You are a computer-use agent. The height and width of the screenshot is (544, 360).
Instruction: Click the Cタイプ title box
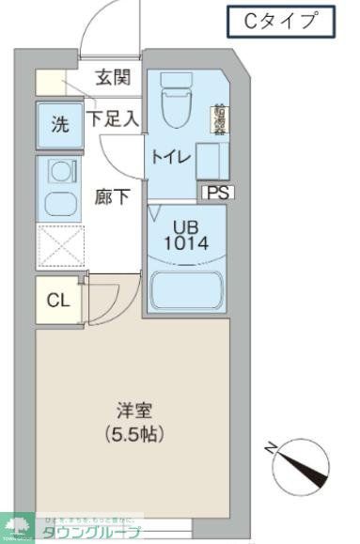(281, 20)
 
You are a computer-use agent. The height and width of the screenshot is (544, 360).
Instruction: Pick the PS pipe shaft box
(218, 193)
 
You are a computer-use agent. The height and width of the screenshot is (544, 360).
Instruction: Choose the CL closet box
(56, 301)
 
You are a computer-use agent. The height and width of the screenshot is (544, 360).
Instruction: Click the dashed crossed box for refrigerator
(59, 246)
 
